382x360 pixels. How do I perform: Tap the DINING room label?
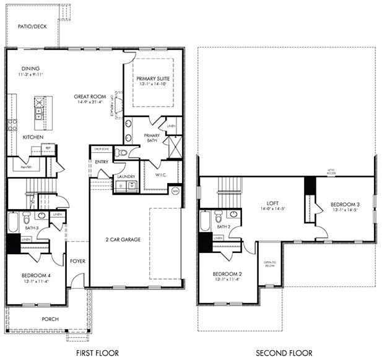point(31,69)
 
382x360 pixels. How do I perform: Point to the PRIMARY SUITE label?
point(153,79)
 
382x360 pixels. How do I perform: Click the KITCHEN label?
point(33,137)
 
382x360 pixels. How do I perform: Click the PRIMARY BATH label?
point(152,138)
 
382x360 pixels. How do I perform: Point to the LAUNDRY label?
point(126,177)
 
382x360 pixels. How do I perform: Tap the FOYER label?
point(77,261)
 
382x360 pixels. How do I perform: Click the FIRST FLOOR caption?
point(97,353)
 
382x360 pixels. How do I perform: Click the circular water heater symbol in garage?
point(175,191)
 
